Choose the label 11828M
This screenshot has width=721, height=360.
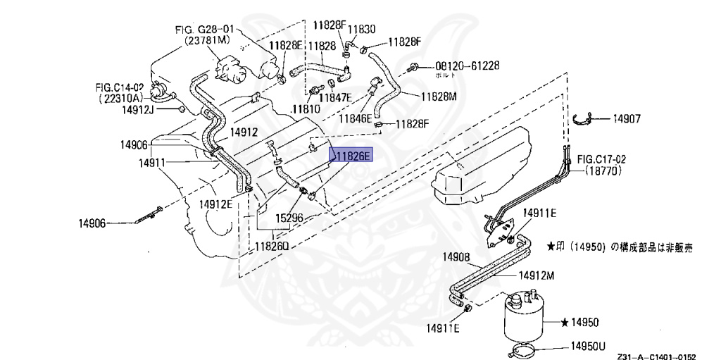439,96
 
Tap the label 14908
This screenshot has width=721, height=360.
457,258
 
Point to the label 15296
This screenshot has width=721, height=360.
289,218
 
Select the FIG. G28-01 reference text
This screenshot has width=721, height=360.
204,31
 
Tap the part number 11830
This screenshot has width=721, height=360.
363,30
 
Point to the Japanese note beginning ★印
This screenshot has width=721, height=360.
619,247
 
